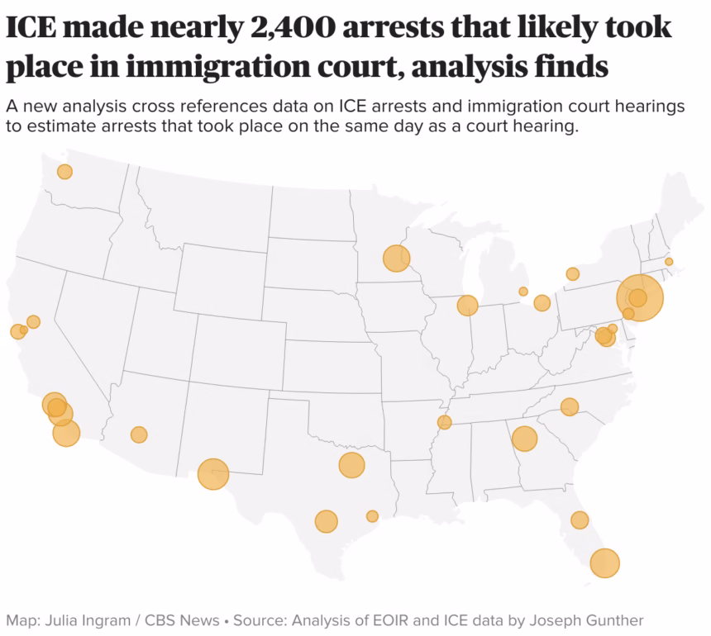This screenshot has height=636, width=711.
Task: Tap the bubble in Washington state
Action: (64, 172)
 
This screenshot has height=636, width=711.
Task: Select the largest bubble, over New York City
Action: (640, 298)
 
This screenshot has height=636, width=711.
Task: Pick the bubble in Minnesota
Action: (397, 259)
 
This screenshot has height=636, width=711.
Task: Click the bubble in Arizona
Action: (139, 434)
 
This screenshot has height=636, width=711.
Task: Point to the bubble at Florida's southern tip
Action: (605, 562)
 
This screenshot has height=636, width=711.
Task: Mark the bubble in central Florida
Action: (580, 520)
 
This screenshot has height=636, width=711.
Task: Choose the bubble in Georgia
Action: (524, 439)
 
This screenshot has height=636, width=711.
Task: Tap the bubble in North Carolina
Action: (570, 406)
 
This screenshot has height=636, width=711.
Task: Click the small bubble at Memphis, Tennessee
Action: (445, 423)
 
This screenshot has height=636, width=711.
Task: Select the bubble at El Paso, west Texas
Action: (213, 474)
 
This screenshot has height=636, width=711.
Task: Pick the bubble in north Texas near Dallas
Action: (351, 465)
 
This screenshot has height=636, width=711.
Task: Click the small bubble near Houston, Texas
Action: (372, 516)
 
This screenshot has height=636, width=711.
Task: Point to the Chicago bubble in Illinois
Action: (468, 306)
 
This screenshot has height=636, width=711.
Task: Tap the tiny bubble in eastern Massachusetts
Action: (669, 262)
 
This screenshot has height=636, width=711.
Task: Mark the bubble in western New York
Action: (572, 274)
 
